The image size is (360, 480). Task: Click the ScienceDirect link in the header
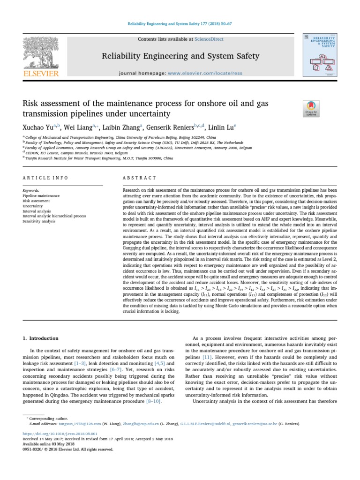coord(209,40)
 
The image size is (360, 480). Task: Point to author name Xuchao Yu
coord(38,127)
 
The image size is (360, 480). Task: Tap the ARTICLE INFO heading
coord(45,178)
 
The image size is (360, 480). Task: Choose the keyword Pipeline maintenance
coord(41,195)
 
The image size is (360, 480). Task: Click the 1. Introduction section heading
coord(41,338)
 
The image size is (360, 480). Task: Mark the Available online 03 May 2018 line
coord(45,443)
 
